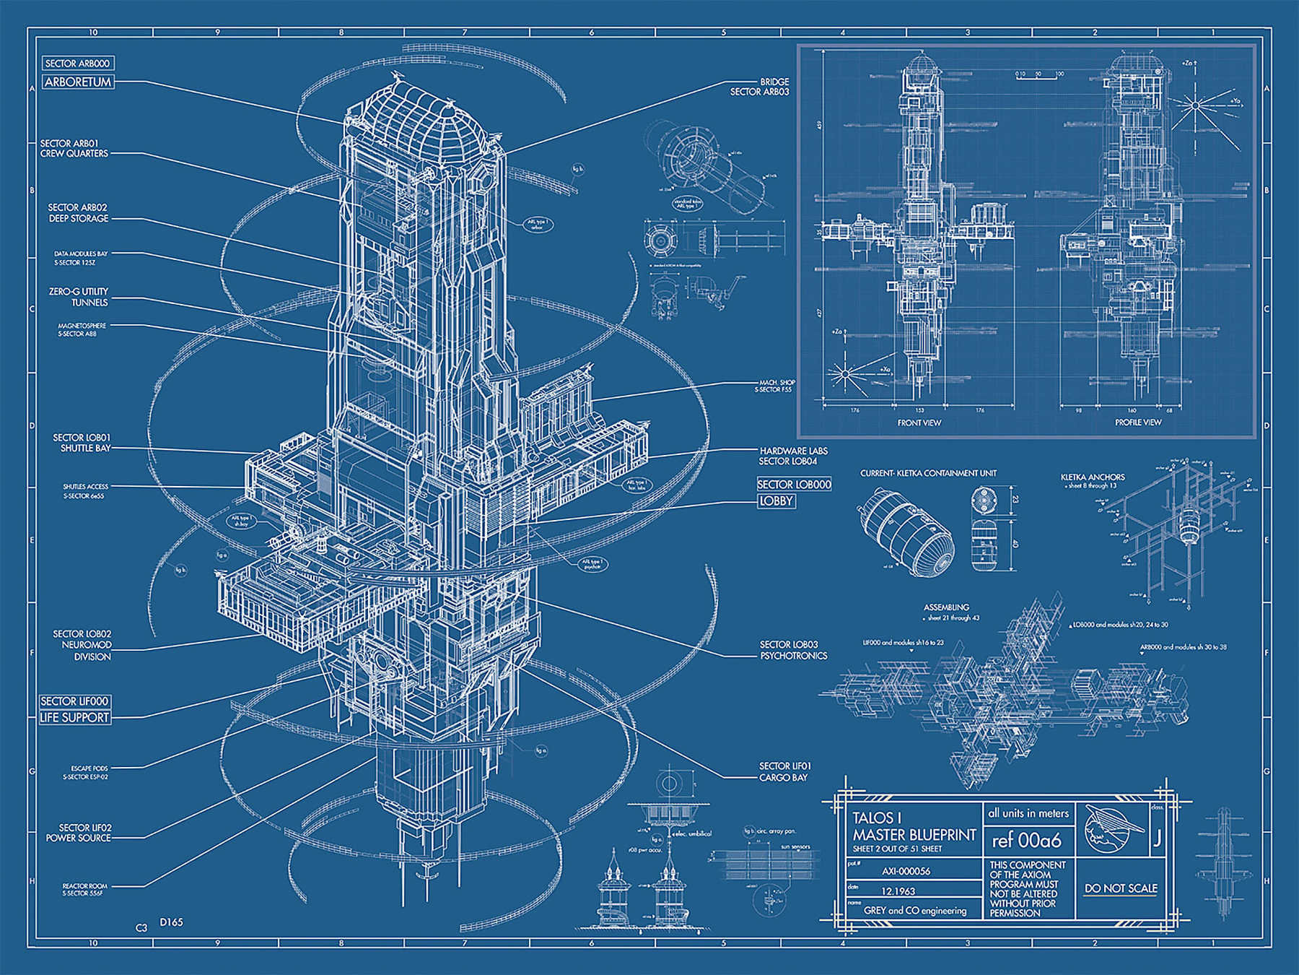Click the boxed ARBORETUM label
pyautogui.click(x=78, y=82)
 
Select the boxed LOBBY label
pyautogui.click(x=777, y=500)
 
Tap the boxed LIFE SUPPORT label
pyautogui.click(x=75, y=717)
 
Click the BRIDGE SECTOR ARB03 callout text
pyautogui.click(x=760, y=87)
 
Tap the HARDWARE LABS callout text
pyautogui.click(x=792, y=456)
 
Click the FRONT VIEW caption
pyautogui.click(x=919, y=422)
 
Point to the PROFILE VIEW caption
pyautogui.click(x=1138, y=422)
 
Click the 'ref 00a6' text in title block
pyautogui.click(x=1026, y=841)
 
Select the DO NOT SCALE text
pyautogui.click(x=1120, y=888)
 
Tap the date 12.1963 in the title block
pyautogui.click(x=898, y=891)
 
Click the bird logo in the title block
pyautogui.click(x=1113, y=831)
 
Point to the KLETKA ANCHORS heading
pyautogui.click(x=1092, y=477)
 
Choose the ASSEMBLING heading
pyautogui.click(x=946, y=607)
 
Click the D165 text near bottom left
pyautogui.click(x=171, y=922)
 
